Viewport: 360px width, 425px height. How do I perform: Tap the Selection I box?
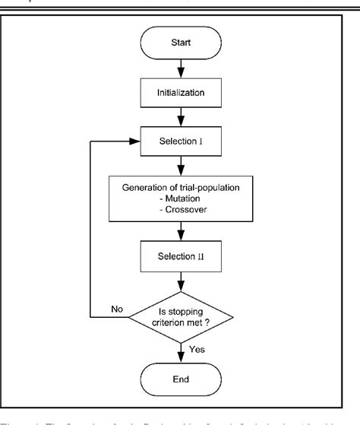tap(180, 141)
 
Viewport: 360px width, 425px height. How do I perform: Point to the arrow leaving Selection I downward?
tap(180, 166)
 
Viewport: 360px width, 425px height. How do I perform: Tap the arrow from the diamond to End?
tap(180, 348)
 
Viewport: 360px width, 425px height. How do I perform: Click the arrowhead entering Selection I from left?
tap(131, 141)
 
